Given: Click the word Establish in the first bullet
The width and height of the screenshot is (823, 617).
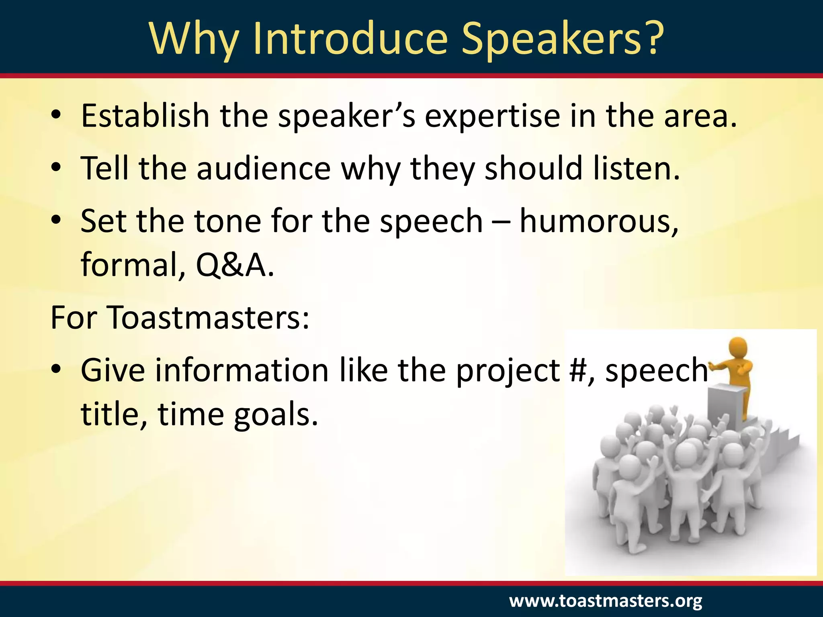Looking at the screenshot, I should pos(145,116).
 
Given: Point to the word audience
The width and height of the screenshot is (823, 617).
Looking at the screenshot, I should pos(263,168).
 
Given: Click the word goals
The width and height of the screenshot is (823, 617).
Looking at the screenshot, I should pos(276,415).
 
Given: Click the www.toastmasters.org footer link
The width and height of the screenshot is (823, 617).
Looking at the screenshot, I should pos(606,601).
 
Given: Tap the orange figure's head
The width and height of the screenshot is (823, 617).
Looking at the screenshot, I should pos(738,347).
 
